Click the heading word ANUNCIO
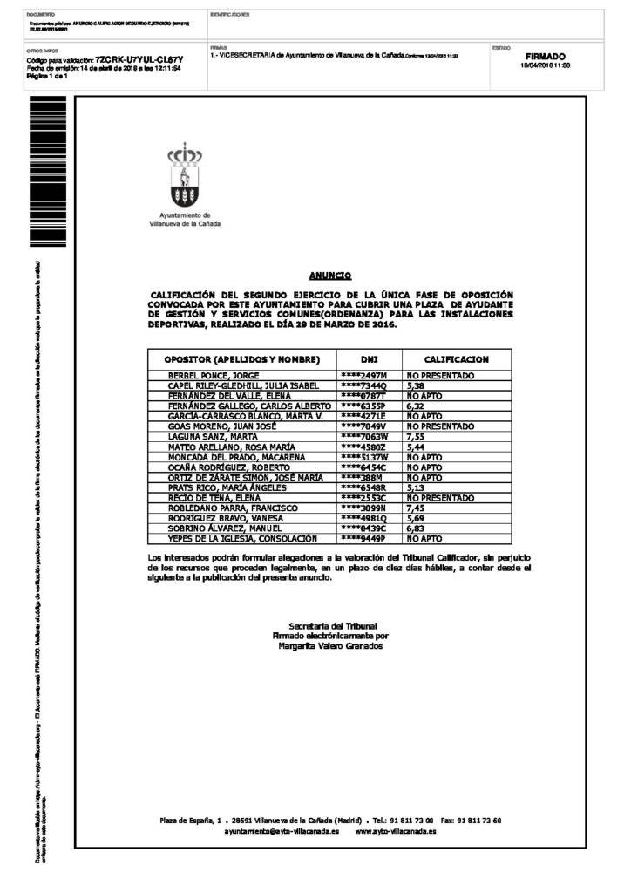[330, 275]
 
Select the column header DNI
[369, 359]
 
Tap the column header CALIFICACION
[456, 359]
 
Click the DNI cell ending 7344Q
[363, 385]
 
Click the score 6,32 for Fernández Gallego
[416, 405]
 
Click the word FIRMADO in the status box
[545, 56]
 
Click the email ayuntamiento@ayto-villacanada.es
[282, 831]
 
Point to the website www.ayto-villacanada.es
[396, 831]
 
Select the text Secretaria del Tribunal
[332, 626]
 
